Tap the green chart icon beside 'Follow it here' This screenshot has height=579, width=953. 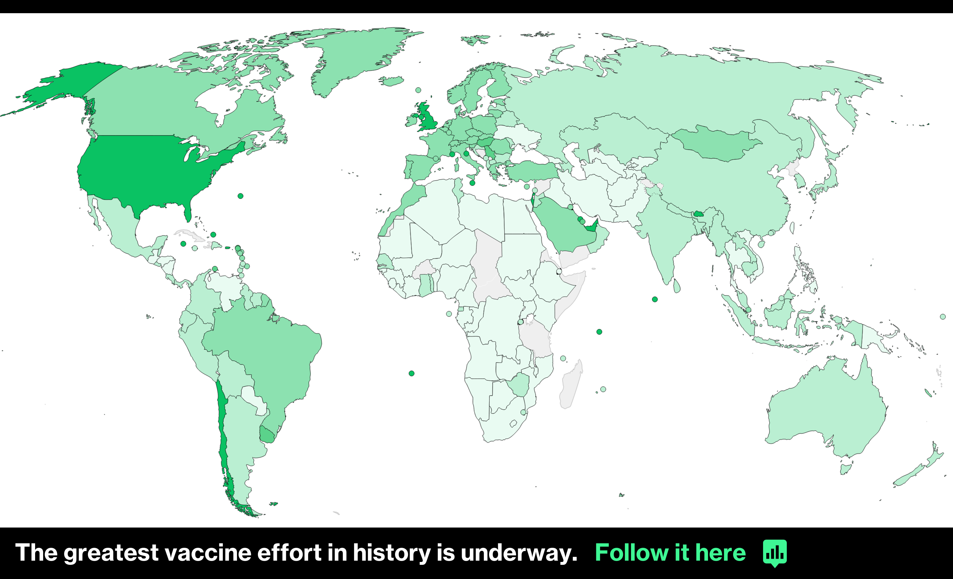point(775,553)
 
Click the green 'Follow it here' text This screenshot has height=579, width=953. point(670,553)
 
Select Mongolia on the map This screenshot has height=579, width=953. point(715,145)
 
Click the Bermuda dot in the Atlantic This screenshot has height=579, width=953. point(241,196)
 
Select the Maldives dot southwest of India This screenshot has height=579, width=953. point(655,299)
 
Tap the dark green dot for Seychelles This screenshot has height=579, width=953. point(599,332)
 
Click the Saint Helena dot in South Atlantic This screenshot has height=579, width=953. point(411,373)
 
